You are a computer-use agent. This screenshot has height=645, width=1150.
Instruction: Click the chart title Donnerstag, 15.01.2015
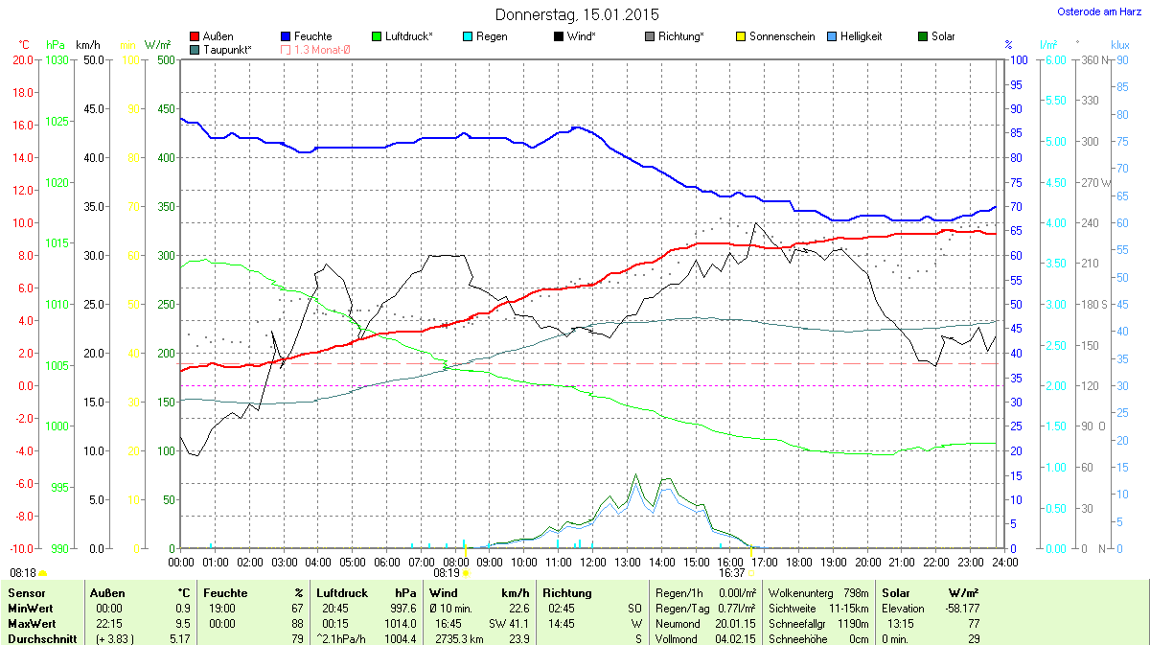pos(577,14)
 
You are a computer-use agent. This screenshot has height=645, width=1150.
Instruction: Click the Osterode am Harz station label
pos(1092,12)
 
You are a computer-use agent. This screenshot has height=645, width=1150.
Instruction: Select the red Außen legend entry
pos(212,36)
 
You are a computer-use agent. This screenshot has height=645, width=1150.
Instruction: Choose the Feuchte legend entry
pos(306,36)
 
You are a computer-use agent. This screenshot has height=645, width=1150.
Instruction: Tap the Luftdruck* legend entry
pos(402,36)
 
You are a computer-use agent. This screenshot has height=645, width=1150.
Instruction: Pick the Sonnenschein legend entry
pos(775,36)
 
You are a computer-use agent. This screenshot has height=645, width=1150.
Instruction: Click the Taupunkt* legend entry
pos(220,49)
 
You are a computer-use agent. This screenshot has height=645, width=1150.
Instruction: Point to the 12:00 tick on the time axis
pos(592,562)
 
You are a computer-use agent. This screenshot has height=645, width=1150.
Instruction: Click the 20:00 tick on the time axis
pos(867,562)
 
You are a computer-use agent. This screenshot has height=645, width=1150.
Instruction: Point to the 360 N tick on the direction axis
pos(1093,60)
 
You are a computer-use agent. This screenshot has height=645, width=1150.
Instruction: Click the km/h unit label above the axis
pos(88,45)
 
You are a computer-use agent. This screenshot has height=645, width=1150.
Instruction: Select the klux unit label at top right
pos(1119,45)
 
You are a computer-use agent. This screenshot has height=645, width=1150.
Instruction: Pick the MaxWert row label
pos(32,624)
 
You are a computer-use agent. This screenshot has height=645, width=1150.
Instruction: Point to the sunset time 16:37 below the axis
pos(731,572)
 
